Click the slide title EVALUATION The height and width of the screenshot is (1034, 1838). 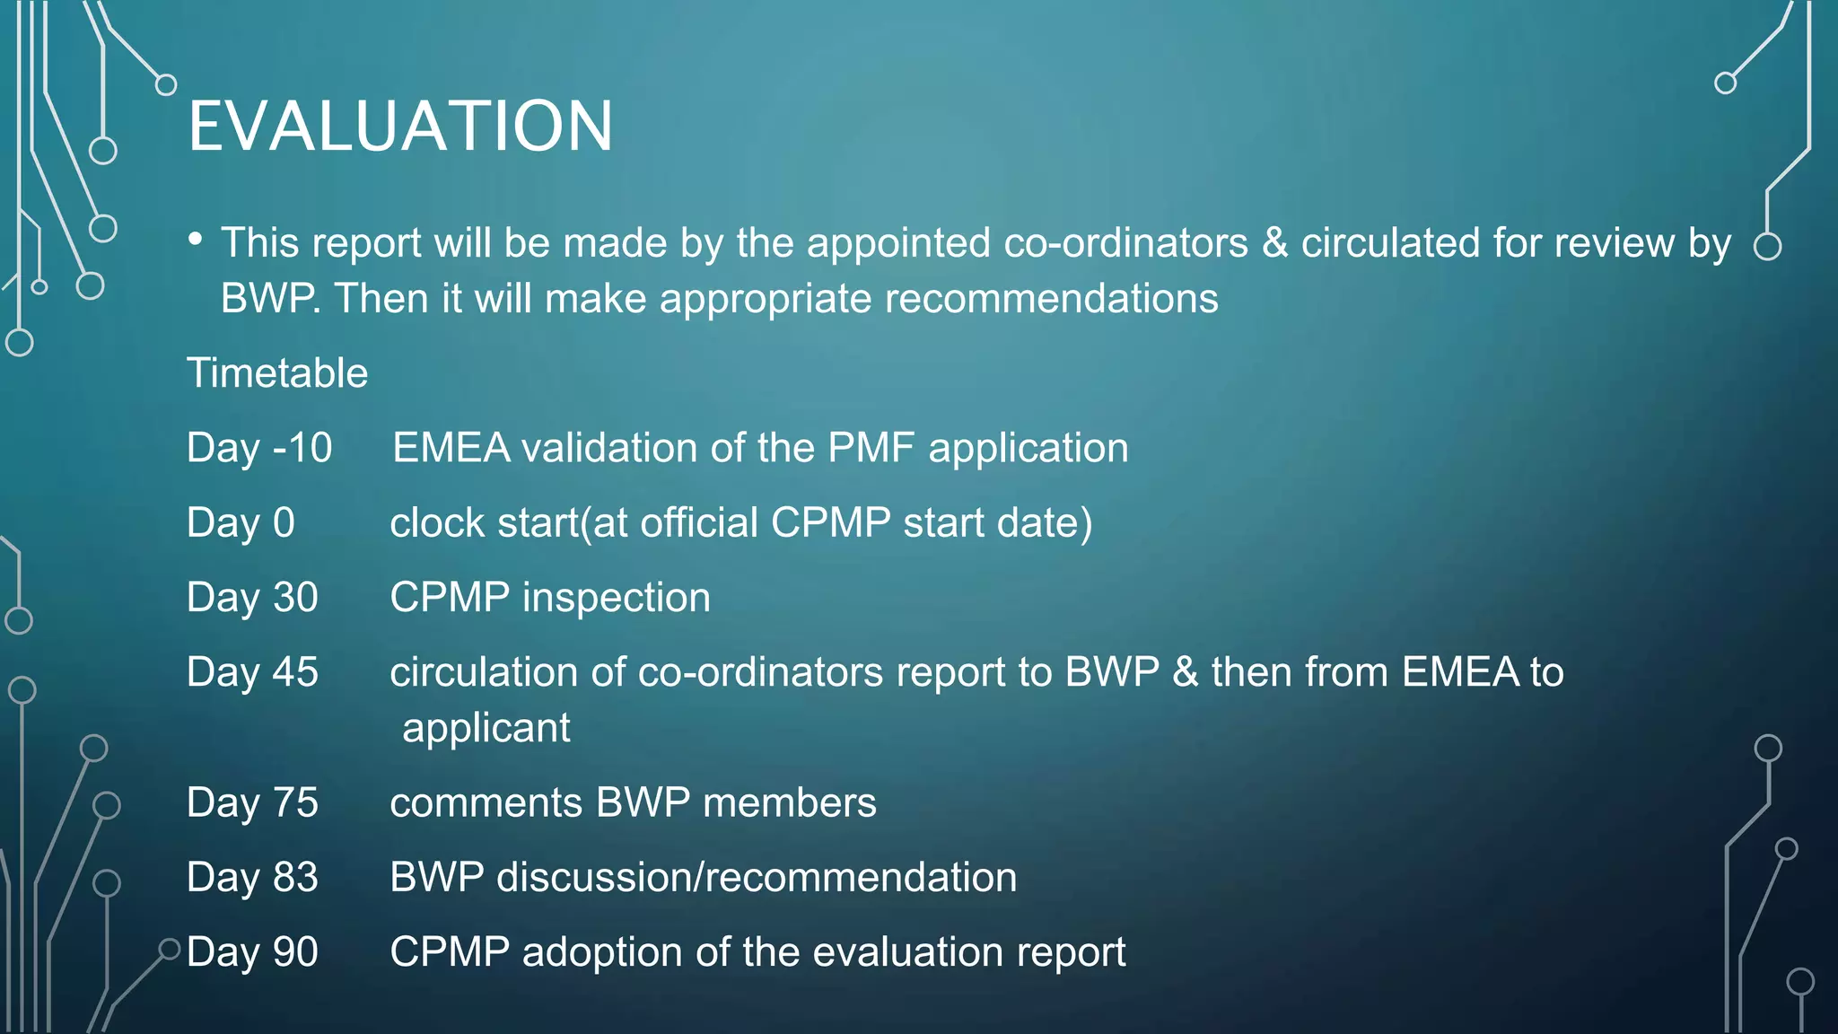(x=400, y=127)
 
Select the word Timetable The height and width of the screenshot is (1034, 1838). (x=277, y=373)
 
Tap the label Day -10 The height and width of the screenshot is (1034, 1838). (x=259, y=448)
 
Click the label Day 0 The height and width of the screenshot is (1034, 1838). (x=241, y=522)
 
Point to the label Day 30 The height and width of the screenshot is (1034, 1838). (x=252, y=598)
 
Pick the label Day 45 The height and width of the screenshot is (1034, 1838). (x=252, y=672)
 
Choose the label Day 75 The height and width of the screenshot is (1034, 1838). (x=252, y=802)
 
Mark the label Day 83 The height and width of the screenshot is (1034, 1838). (x=252, y=877)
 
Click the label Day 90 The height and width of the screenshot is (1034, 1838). (x=252, y=952)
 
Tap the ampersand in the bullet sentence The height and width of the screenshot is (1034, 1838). (x=1274, y=243)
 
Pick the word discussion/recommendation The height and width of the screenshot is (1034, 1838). (x=757, y=877)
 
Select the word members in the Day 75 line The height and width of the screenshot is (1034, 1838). (x=789, y=802)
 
